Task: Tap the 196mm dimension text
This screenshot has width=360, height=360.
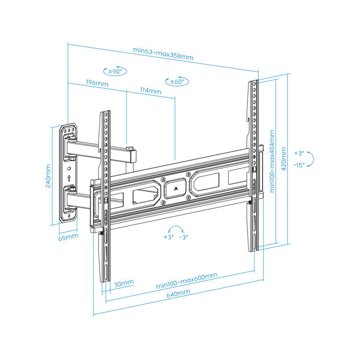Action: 97,84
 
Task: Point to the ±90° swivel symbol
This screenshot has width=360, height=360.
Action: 115,71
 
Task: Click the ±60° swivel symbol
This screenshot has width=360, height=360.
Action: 177,81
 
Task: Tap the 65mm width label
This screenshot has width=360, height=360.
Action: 67,236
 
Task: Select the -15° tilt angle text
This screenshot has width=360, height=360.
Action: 299,165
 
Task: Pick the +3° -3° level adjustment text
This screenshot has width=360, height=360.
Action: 176,237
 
